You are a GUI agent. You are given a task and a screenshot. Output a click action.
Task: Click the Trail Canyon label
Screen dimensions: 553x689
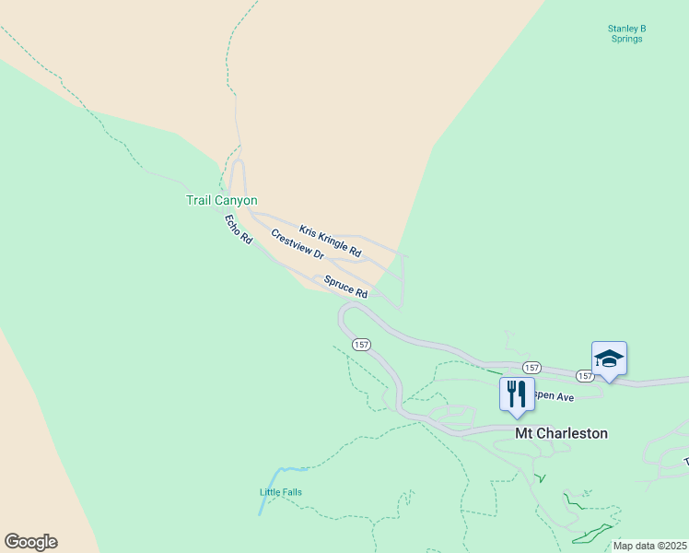coord(222,200)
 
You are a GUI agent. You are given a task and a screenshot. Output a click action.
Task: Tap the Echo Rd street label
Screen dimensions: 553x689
coord(239,229)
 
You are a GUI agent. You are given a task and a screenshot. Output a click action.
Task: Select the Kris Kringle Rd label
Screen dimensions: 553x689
coord(330,241)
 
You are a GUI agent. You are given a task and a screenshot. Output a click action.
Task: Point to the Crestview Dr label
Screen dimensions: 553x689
coord(298,244)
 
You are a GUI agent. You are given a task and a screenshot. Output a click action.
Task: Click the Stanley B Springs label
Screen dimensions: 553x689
coord(626,34)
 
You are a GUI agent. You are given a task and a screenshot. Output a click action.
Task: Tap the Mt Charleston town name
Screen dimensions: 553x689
coord(561,432)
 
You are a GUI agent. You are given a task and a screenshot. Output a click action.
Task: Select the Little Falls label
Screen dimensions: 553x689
coord(280,492)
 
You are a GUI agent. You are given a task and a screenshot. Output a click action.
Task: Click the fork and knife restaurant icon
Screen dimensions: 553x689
coord(517,394)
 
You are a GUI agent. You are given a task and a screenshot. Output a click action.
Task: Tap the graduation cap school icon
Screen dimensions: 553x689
coord(609,358)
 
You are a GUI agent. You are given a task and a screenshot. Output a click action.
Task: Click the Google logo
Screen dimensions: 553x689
coord(30,542)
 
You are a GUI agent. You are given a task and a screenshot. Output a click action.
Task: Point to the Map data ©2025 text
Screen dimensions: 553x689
coord(650,546)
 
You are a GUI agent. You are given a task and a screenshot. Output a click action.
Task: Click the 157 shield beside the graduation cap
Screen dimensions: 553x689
coord(585,376)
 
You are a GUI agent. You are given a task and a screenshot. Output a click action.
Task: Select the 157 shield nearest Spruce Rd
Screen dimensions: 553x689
coord(361,344)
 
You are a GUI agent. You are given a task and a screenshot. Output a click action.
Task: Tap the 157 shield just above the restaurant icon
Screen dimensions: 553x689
coord(531,367)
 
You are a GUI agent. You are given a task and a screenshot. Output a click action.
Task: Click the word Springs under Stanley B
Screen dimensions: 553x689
coord(626,40)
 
